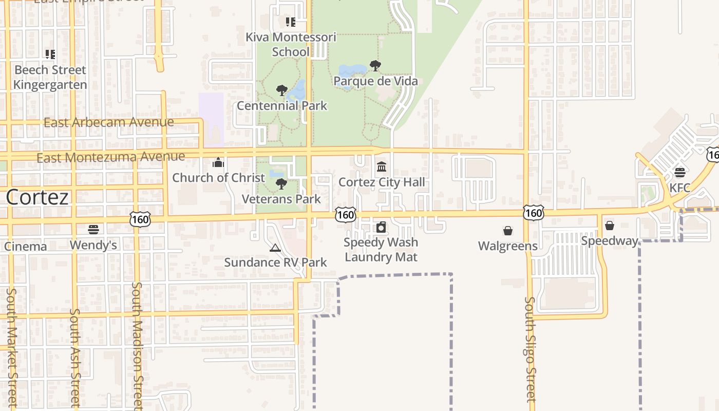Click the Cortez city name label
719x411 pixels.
tap(37, 197)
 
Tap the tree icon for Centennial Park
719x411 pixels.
tap(281, 91)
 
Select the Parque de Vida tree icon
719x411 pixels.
tap(375, 66)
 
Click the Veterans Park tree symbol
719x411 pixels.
tap(281, 184)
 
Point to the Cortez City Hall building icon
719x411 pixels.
tap(382, 167)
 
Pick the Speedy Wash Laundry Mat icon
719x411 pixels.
tap(381, 227)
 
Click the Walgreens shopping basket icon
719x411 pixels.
tap(508, 231)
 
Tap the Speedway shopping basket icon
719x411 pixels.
tap(610, 226)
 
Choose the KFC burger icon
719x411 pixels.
tap(680, 172)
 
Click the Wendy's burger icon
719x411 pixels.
tap(93, 229)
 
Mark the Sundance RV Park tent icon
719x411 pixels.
tap(275, 248)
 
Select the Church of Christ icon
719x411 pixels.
tap(218, 163)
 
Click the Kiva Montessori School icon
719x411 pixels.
tap(291, 22)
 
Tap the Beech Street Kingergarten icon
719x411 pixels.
tap(50, 54)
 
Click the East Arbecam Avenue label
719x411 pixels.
tap(109, 122)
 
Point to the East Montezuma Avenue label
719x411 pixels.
tap(111, 157)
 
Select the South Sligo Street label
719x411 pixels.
tap(530, 349)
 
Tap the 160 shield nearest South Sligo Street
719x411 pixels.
tap(534, 213)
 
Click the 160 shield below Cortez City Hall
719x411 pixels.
tap(346, 215)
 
